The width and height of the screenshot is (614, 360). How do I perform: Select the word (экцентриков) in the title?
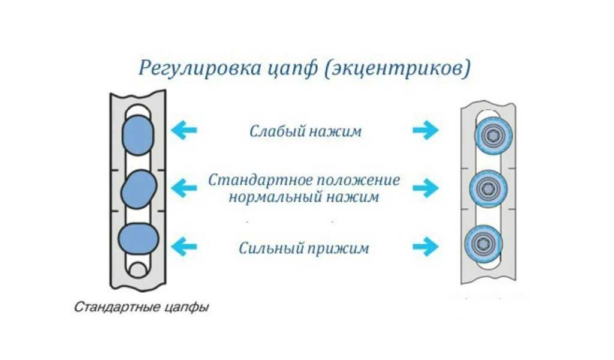397,68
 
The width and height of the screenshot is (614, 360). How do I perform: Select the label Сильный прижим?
304,247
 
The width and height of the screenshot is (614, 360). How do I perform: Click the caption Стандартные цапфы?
142,308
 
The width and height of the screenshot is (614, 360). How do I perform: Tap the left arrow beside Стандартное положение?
183,188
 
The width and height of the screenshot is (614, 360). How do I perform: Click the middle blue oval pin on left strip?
139,190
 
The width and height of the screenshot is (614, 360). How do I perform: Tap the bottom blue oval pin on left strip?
139,239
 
